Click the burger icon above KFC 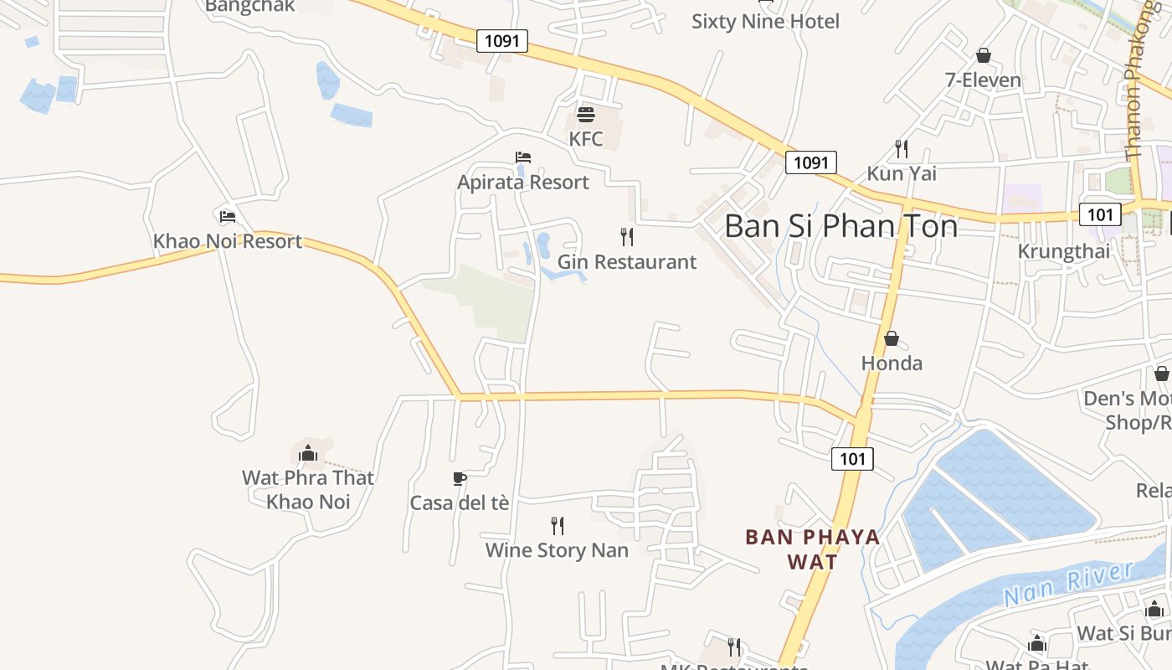(586, 114)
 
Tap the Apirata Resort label (523, 182)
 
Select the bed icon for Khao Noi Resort (227, 217)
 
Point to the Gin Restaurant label (627, 261)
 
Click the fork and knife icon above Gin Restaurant (627, 237)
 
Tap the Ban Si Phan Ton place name (840, 226)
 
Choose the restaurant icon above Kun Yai (902, 149)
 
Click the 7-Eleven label (983, 80)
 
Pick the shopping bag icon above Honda (892, 338)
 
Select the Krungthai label (1063, 251)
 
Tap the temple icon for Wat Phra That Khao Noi (308, 453)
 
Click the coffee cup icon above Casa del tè (459, 478)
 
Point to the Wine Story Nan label (557, 550)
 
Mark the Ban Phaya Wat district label (813, 549)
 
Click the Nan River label (1068, 584)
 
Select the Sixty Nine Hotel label (765, 21)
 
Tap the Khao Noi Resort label (227, 241)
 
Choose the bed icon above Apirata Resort (523, 157)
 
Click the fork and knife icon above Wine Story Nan (558, 526)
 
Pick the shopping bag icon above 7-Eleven (983, 55)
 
